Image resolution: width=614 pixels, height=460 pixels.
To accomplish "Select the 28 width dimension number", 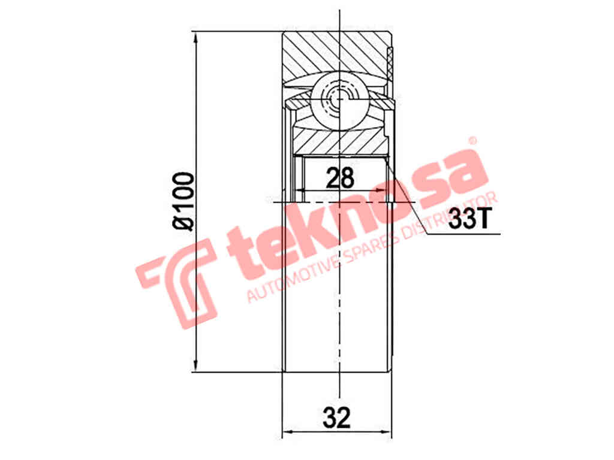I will (340, 178).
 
